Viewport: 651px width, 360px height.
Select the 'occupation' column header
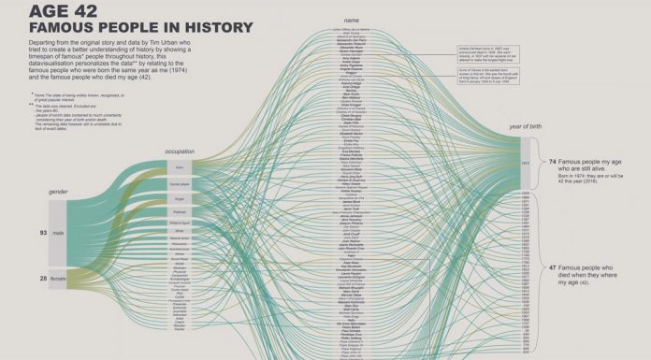(x=180, y=151)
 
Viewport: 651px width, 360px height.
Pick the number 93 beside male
(x=43, y=232)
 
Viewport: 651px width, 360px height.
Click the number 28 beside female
(x=43, y=278)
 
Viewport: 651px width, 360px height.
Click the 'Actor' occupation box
(x=179, y=167)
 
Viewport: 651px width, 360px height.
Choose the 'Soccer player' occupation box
(x=179, y=184)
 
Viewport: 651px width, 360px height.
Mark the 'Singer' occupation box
(x=179, y=199)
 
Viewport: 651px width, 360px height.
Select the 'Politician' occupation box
(x=179, y=212)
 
